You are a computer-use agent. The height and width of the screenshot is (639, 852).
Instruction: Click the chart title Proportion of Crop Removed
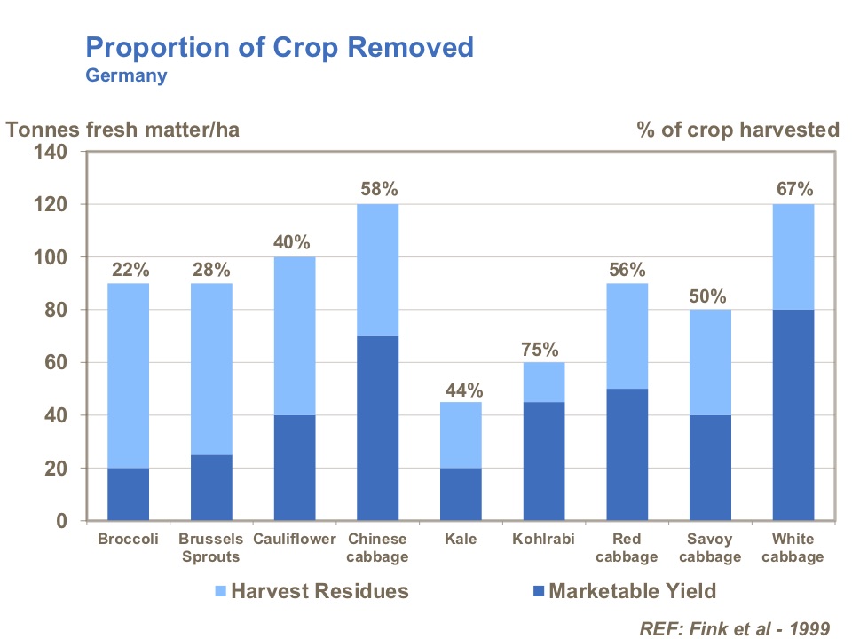(x=280, y=47)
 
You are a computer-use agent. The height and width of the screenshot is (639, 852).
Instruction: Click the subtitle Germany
(x=126, y=75)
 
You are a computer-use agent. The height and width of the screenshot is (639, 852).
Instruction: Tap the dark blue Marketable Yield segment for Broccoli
(x=128, y=494)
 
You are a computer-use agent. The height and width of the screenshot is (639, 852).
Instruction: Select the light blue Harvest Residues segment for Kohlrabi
(x=543, y=382)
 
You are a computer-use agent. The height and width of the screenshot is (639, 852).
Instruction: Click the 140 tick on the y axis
(x=51, y=152)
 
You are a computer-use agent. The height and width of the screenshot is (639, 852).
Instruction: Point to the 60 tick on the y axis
(x=56, y=363)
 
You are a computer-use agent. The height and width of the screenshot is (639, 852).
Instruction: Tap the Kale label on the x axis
(x=461, y=540)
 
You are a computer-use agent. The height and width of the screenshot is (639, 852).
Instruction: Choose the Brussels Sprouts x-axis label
(x=210, y=548)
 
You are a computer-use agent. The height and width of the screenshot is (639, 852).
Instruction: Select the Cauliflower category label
(x=294, y=540)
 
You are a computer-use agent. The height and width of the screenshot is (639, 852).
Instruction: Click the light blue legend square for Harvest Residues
(x=221, y=591)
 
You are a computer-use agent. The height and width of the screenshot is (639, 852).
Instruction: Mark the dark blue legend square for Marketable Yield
(x=539, y=591)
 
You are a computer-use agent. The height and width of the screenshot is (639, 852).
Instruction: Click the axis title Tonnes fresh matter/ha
(x=123, y=130)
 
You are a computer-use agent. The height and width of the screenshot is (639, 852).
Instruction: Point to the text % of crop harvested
(x=738, y=130)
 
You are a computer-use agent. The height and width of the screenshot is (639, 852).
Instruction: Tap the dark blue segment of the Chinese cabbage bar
(x=377, y=429)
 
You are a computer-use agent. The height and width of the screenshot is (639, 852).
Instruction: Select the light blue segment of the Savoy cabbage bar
(x=709, y=362)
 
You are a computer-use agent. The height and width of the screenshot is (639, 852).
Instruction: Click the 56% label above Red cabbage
(x=627, y=269)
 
